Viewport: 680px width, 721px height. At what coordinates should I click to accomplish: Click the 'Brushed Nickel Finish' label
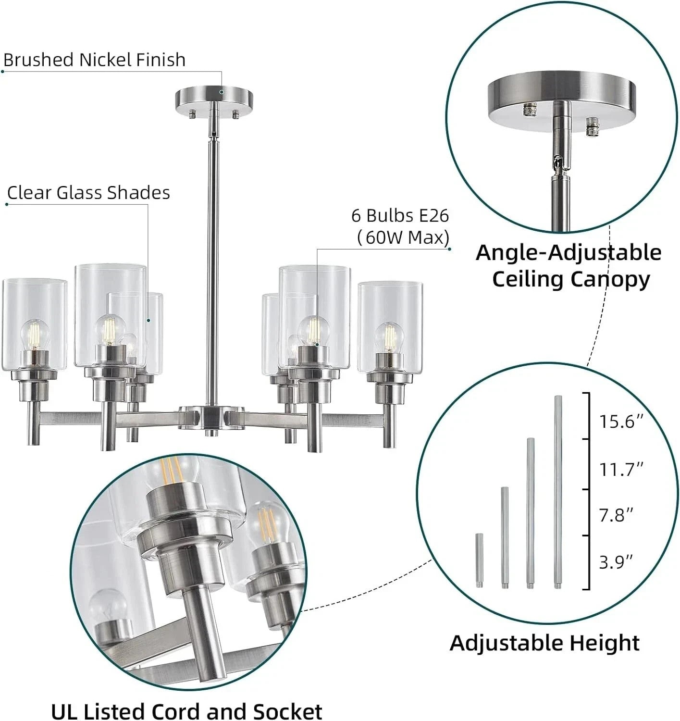94,60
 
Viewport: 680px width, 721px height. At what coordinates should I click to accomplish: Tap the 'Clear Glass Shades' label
88,192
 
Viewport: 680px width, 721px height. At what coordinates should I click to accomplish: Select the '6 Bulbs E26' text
400,216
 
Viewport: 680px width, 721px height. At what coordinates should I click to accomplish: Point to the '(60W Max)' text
403,238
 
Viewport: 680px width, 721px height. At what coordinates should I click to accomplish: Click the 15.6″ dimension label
621,422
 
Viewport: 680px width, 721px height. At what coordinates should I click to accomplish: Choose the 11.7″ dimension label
621,470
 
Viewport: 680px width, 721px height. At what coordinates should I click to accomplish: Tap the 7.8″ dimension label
616,515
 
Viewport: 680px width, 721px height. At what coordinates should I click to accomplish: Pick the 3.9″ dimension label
616,562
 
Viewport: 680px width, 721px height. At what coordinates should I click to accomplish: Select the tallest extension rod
558,492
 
